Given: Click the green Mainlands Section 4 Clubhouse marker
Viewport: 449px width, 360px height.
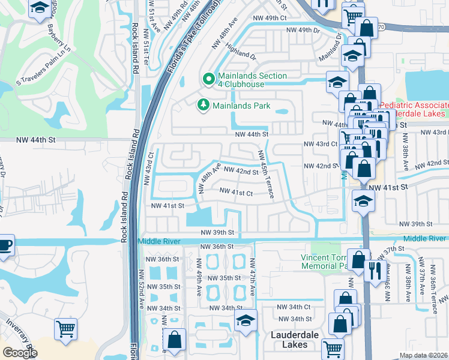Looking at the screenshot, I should (209, 79).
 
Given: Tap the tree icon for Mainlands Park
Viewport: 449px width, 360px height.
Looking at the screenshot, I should (203, 106).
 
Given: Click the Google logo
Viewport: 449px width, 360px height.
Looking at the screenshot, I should (20, 353).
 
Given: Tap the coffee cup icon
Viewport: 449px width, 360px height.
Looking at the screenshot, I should (5, 245).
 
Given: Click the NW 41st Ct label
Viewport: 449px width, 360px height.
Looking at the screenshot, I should (236, 192).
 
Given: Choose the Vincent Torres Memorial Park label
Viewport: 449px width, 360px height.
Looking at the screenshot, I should (324, 262).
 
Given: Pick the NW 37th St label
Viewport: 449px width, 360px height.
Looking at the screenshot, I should (394, 249).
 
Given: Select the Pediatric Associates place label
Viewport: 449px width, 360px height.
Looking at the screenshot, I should (414, 109).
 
